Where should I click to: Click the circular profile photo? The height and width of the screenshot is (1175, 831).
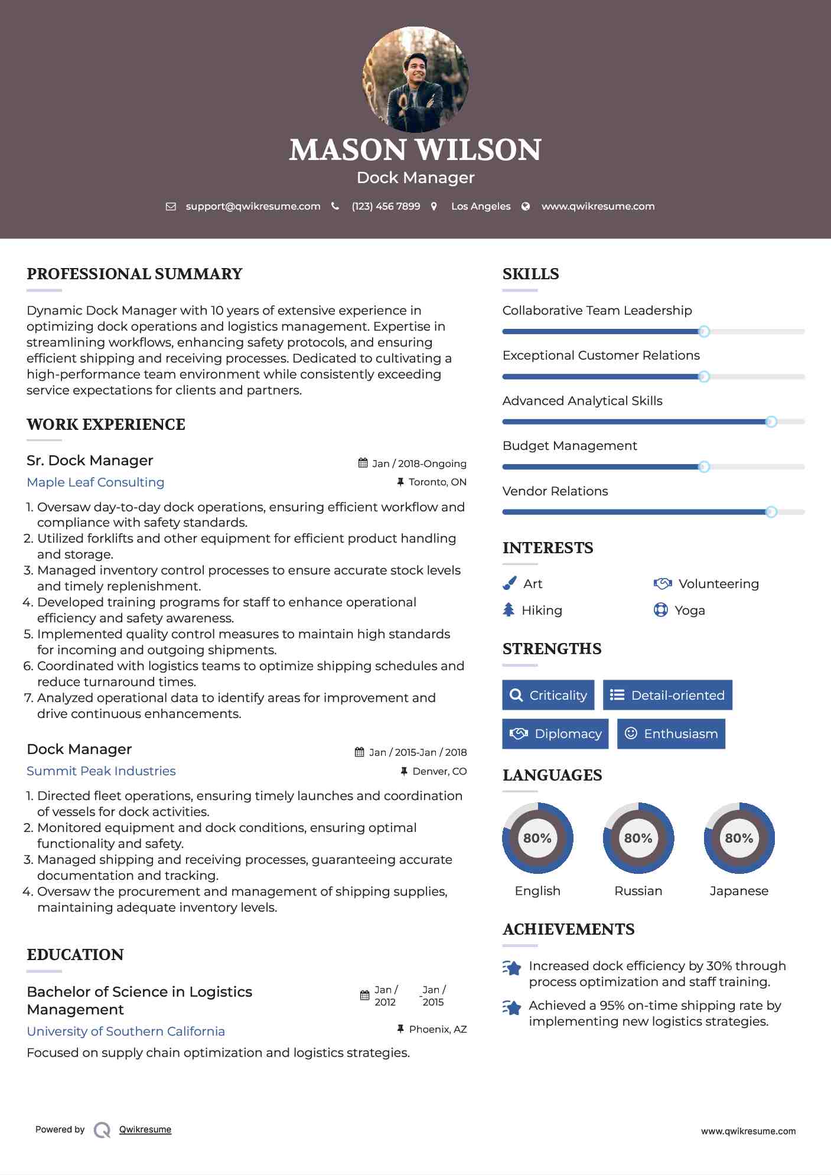click(415, 79)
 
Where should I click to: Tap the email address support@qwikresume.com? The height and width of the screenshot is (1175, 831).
click(253, 207)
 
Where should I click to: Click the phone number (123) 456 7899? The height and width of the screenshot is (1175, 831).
click(386, 207)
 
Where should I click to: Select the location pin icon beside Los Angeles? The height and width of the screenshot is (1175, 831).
click(434, 207)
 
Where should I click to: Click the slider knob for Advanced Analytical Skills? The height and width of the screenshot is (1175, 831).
click(771, 422)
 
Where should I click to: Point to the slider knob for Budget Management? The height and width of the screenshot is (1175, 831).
click(703, 467)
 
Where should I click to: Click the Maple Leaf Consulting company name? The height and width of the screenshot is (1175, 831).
click(96, 482)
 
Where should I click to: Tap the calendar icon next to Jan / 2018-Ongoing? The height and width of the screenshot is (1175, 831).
click(363, 464)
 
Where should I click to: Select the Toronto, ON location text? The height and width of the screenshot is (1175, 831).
click(437, 482)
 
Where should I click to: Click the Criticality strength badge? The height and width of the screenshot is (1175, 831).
click(548, 695)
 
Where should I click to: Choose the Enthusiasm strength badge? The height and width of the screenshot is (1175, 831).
click(671, 734)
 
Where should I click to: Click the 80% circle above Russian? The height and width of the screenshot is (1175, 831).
click(638, 838)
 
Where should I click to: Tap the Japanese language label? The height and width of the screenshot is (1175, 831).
click(739, 891)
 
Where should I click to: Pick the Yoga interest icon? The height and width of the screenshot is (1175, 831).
click(660, 610)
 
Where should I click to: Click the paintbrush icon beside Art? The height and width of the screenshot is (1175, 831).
click(509, 583)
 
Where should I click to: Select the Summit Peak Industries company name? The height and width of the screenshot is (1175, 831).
click(101, 771)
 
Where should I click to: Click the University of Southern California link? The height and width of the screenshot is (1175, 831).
click(126, 1032)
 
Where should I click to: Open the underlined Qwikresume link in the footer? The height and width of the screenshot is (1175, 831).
click(145, 1130)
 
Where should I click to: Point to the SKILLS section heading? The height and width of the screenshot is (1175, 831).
click(530, 274)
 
